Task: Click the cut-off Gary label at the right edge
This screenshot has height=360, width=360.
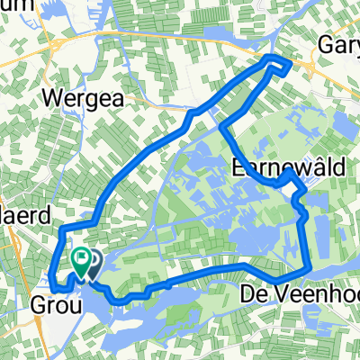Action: click(x=339, y=45)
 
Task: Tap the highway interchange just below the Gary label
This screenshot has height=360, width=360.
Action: click(x=316, y=67)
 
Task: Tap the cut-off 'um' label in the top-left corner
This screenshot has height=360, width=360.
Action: click(x=18, y=4)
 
